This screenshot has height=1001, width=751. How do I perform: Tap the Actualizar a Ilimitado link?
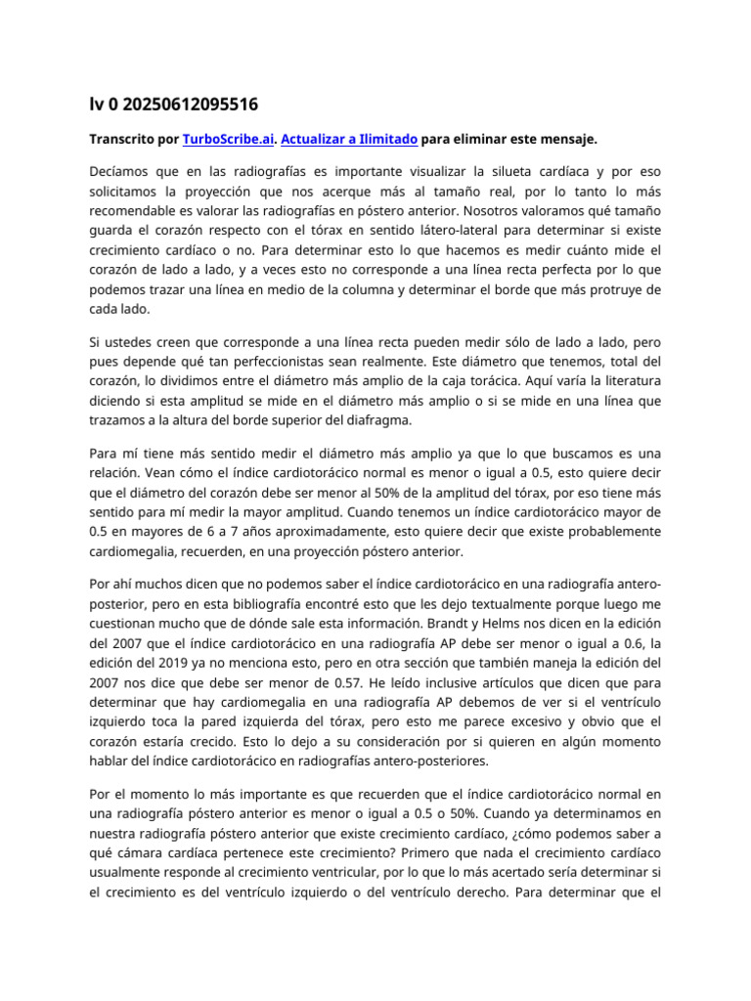pyautogui.click(x=349, y=140)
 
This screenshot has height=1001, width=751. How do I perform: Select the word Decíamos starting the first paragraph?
pyautogui.click(x=122, y=172)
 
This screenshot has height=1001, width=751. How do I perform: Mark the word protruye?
pyautogui.click(x=609, y=289)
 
